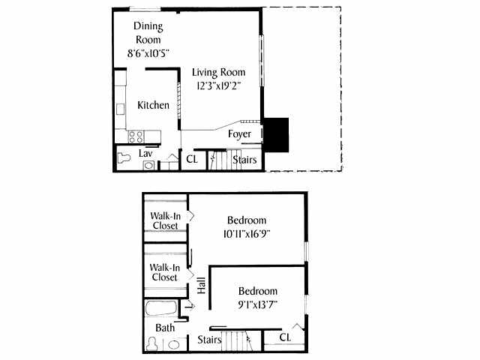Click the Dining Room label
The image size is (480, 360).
pos(148,33)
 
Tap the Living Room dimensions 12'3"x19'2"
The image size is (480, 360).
pos(218,86)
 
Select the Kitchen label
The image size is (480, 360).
pos(153,105)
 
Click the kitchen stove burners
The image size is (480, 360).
pos(136,136)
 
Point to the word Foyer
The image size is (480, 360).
pos(241,134)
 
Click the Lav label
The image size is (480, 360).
pos(145,153)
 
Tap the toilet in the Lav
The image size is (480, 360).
pos(124,159)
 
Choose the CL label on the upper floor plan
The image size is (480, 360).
pos(192,159)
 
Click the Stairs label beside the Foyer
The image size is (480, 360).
pos(244,159)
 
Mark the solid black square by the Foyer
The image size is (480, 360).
pos(276,133)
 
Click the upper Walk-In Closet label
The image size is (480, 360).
pos(165,220)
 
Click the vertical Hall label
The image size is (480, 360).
pos(201,286)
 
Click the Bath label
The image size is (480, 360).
pos(165,328)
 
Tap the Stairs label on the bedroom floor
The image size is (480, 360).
pos(209,340)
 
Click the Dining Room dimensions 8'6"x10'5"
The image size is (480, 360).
pos(148,53)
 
